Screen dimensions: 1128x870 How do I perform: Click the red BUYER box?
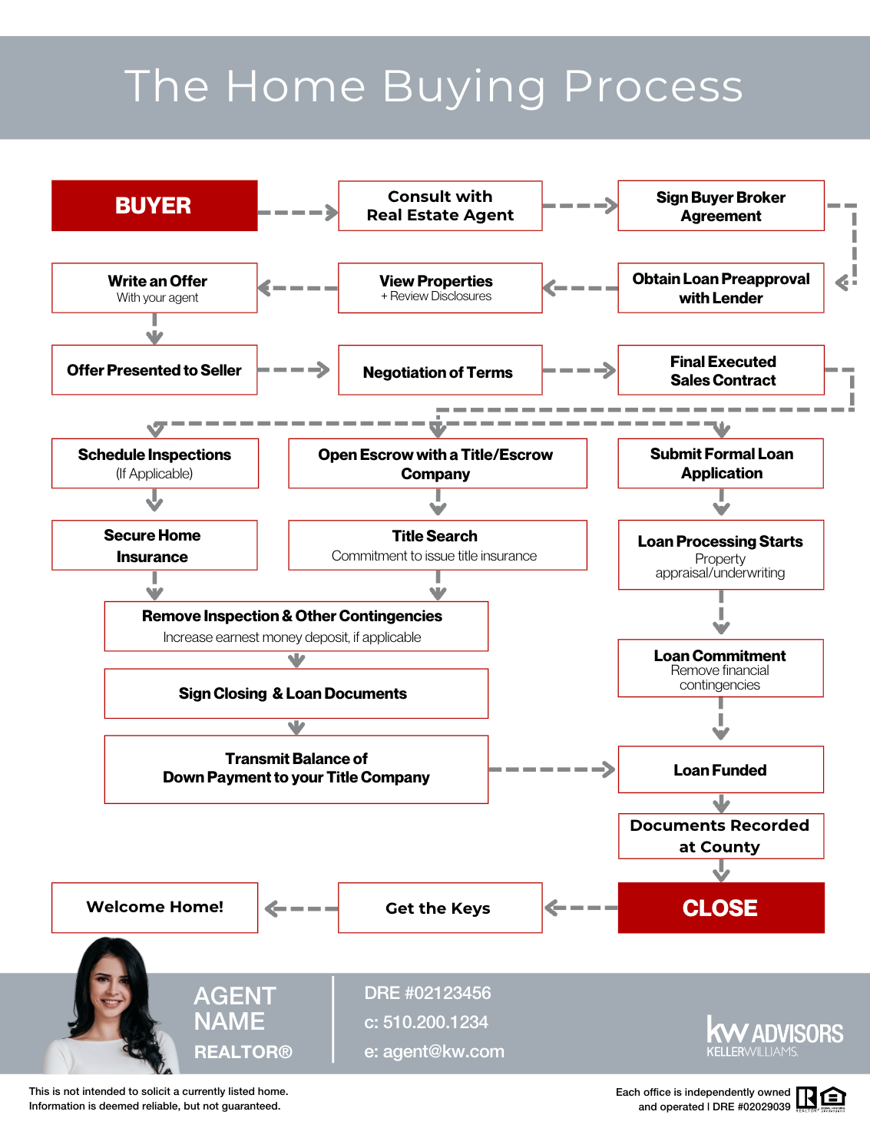(154, 206)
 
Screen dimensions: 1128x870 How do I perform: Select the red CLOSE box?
(720, 908)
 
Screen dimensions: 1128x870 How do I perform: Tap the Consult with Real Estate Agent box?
(440, 206)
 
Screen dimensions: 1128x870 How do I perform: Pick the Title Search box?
(437, 545)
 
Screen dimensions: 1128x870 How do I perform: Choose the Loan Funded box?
(720, 769)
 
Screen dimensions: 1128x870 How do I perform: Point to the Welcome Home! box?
(154, 908)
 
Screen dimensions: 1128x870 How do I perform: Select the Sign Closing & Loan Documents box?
(296, 693)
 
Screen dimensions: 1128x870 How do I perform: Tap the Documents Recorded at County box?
(720, 836)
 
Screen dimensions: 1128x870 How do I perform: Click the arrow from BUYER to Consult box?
(298, 212)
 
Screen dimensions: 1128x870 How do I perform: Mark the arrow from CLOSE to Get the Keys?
(581, 908)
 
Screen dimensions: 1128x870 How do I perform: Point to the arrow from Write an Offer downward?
(154, 329)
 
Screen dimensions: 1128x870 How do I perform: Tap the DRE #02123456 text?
(427, 993)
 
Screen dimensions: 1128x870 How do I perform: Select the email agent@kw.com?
(434, 1051)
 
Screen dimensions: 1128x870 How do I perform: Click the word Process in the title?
(653, 86)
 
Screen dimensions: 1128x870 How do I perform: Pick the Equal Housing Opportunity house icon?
(833, 1098)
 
